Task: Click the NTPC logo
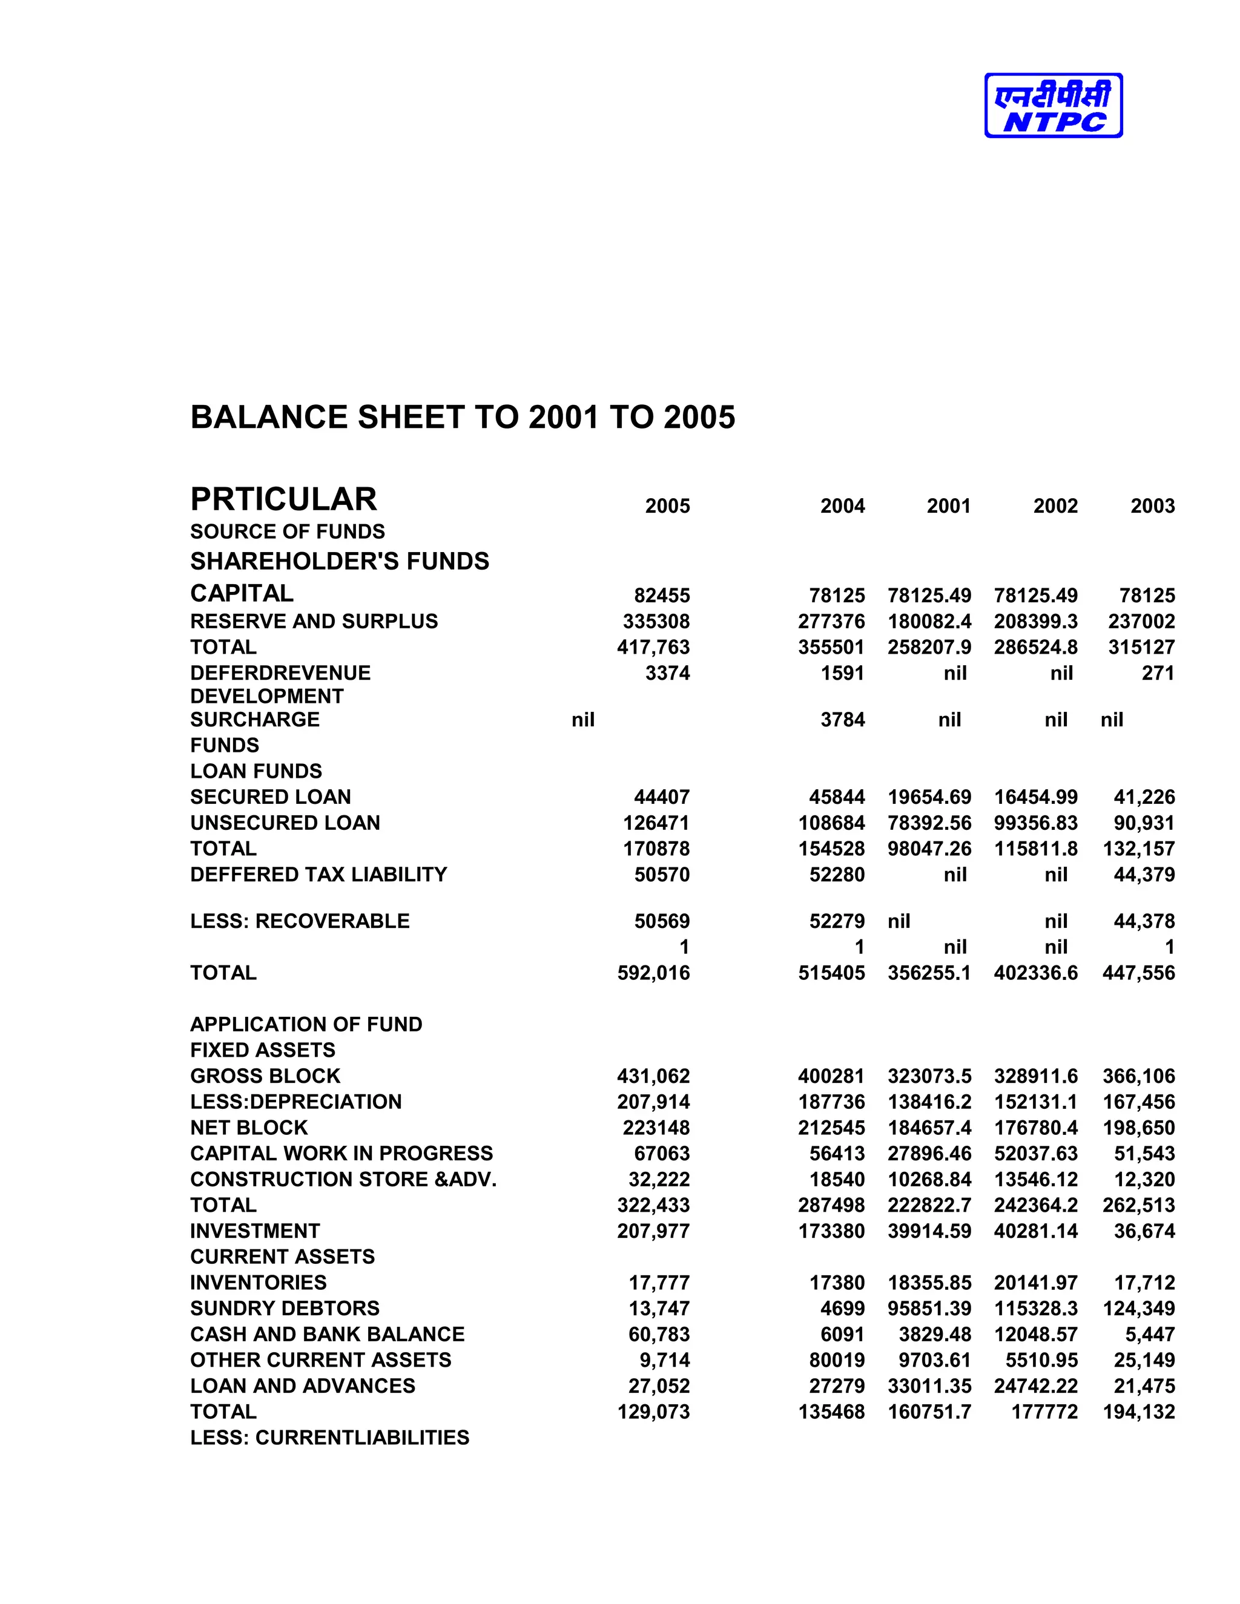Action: [1053, 106]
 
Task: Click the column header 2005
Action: [667, 506]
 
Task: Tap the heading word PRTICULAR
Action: [283, 499]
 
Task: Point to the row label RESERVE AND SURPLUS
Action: [314, 622]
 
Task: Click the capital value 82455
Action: [662, 596]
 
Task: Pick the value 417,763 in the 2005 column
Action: [653, 647]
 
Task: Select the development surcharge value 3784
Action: [843, 720]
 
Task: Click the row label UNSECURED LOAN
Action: [285, 823]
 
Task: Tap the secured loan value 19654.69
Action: [929, 797]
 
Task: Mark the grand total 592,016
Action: [653, 973]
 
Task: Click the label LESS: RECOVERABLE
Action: [300, 921]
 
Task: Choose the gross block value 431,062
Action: [653, 1076]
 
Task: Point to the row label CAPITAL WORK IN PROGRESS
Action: [341, 1153]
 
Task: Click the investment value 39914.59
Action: [929, 1231]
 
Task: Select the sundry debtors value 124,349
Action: [1139, 1308]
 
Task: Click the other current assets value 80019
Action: [837, 1360]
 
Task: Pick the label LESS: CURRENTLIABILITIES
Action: [329, 1438]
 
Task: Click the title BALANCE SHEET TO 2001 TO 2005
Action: [463, 417]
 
